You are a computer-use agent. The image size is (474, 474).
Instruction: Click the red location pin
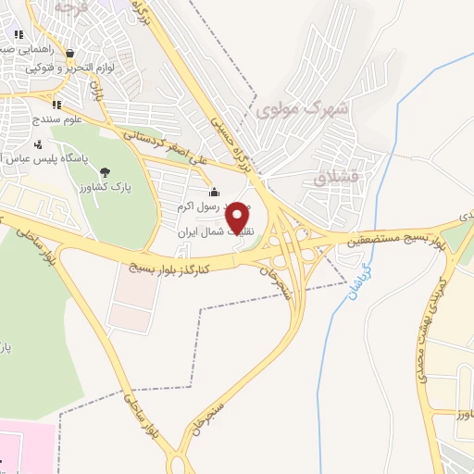click(x=238, y=217)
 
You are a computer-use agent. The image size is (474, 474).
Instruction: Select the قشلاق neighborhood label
click(x=334, y=178)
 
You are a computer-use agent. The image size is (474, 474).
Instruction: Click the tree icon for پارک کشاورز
click(x=104, y=171)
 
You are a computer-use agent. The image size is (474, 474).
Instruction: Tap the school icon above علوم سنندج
click(x=56, y=105)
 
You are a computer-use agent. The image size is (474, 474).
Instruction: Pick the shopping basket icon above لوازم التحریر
click(x=70, y=54)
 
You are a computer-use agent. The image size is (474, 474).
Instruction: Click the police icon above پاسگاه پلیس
click(x=38, y=144)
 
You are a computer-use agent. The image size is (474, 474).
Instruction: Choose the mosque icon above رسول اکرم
click(x=215, y=192)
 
